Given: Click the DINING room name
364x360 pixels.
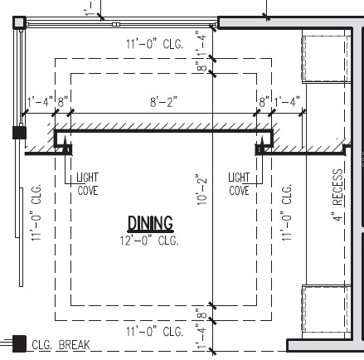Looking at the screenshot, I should (150, 223).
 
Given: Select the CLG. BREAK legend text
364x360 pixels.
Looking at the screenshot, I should (60, 345).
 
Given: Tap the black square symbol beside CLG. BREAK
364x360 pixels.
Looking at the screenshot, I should (18, 343).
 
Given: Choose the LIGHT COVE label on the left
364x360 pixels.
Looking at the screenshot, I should (87, 184).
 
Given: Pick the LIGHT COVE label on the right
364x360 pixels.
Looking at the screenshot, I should (239, 184).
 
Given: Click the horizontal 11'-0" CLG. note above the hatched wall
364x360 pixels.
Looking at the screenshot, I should (154, 43).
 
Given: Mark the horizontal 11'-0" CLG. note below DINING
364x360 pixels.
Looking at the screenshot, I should (154, 332).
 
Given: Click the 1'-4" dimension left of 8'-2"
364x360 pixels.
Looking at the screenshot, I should (40, 103).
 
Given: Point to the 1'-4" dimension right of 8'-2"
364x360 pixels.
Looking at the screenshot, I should (288, 103).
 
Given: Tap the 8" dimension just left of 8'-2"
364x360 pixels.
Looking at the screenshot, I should (62, 103).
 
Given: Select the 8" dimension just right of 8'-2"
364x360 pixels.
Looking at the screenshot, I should (264, 103).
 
